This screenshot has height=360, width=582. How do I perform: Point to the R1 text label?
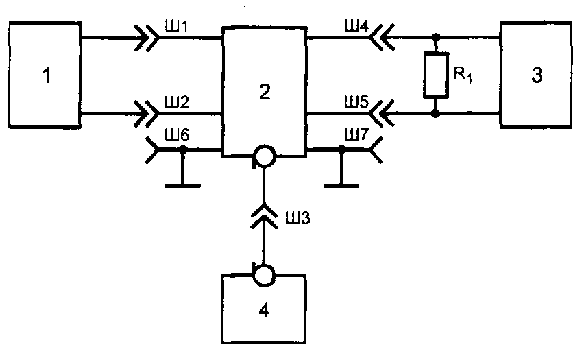[463, 75]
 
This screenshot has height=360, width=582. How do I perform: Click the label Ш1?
[177, 26]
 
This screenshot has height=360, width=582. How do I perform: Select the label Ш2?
[177, 102]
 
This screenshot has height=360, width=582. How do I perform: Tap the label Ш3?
[298, 218]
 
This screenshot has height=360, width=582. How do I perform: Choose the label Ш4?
[356, 26]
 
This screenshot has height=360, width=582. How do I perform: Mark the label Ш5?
[356, 101]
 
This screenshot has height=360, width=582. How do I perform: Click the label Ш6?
[177, 134]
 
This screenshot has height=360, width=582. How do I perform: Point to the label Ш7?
[356, 134]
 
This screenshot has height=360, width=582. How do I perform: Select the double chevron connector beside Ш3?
[263, 216]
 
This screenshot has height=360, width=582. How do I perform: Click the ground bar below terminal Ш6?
[182, 185]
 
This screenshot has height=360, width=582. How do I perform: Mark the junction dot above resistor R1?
[436, 38]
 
